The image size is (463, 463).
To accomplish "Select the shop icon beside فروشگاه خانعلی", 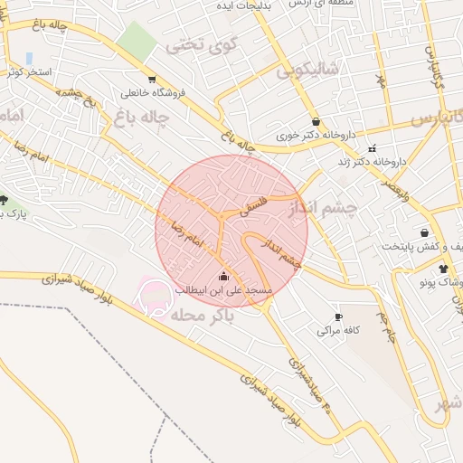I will click(151, 79).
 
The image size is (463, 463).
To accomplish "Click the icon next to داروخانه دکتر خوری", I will click(315, 121).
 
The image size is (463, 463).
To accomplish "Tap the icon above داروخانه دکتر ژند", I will click(372, 148).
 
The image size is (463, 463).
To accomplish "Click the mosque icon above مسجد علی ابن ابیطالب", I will click(224, 277).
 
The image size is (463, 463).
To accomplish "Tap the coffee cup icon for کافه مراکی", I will click(338, 317).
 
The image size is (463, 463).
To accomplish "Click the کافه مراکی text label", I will click(338, 331).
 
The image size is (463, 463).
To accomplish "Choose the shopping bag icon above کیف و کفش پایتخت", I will click(424, 233).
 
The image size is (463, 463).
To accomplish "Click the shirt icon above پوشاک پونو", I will click(443, 269).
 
